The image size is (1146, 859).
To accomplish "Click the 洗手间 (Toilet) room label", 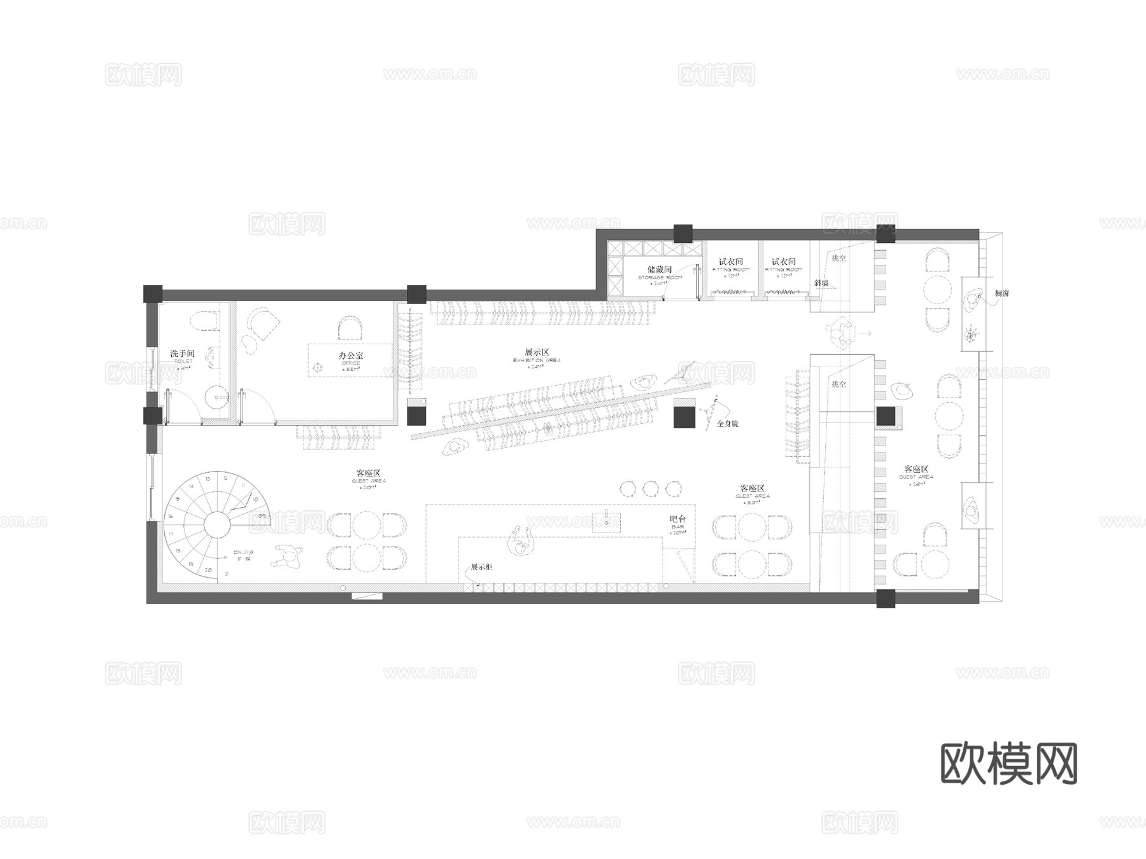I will click(x=182, y=354).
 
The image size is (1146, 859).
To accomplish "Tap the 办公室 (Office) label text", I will click(x=351, y=356).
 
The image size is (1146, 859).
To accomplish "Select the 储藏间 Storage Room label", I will click(x=660, y=270).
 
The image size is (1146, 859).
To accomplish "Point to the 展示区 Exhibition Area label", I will click(x=537, y=353).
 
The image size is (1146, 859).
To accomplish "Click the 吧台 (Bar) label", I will click(x=678, y=520).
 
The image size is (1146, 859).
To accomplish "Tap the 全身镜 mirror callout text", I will click(x=728, y=424).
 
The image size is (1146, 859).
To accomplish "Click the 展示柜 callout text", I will click(x=481, y=567).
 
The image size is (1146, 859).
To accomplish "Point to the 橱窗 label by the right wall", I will click(x=1001, y=293).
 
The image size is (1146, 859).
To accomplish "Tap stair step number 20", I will click(x=208, y=571).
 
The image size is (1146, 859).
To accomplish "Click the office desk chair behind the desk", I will click(x=351, y=329).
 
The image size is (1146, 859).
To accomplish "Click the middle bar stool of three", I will click(x=650, y=489).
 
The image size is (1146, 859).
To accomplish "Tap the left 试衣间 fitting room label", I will click(x=731, y=262).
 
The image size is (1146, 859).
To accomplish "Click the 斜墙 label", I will click(x=821, y=283).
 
